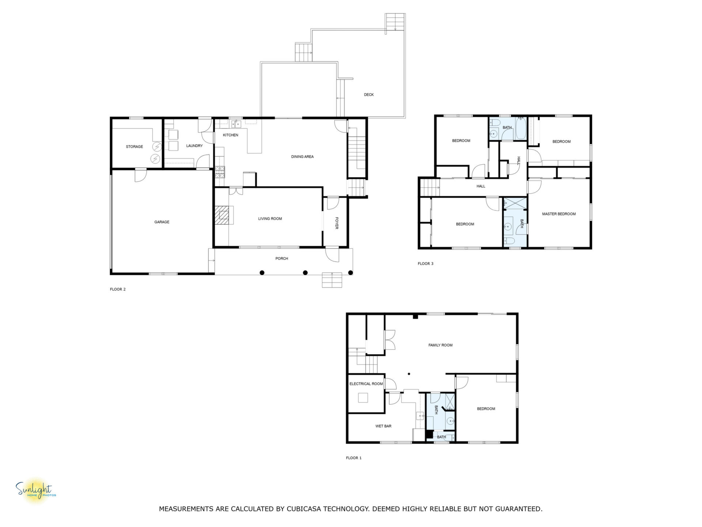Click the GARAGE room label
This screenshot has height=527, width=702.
click(162, 222)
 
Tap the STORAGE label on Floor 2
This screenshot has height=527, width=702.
click(134, 147)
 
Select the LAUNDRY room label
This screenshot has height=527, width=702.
click(194, 146)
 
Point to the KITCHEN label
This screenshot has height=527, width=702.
click(230, 135)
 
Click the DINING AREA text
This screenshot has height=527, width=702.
click(302, 157)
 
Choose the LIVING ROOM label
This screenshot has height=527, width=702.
click(270, 219)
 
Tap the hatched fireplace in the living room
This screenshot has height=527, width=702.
click(222, 215)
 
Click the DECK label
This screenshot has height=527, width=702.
click(369, 95)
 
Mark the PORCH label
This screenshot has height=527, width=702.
click(282, 259)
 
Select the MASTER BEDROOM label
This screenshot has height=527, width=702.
click(559, 214)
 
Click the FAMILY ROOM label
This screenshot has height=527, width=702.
click(440, 345)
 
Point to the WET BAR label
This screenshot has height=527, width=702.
click(383, 426)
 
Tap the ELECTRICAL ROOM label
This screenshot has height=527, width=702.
click(366, 384)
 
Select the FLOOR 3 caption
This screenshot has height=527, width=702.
click(426, 264)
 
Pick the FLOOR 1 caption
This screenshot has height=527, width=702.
click(354, 458)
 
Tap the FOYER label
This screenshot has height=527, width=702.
click(337, 223)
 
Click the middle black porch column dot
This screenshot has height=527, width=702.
click(305, 273)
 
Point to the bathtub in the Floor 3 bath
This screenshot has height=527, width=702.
click(520, 128)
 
